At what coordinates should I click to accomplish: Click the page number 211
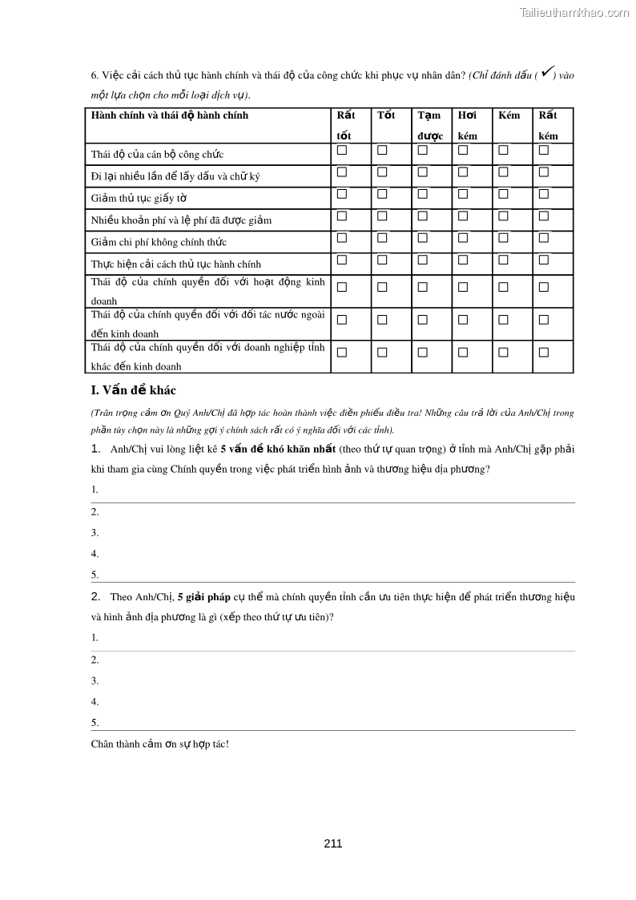(x=333, y=843)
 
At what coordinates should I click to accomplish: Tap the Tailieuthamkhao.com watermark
(x=574, y=12)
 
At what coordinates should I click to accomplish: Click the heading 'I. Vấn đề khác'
(x=134, y=390)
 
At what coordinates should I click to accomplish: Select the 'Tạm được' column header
(x=430, y=125)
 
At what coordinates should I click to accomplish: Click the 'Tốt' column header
(x=386, y=115)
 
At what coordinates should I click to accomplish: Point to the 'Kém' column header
(x=509, y=115)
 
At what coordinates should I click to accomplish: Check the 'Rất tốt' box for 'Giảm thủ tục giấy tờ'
(x=342, y=193)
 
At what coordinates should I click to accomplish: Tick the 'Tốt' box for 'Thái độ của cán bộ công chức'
(x=382, y=150)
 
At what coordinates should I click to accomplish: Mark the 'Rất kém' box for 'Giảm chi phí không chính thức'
(x=544, y=237)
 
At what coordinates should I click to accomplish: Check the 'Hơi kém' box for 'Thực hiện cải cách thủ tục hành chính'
(x=463, y=259)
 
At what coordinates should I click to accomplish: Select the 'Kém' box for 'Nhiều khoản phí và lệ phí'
(x=503, y=216)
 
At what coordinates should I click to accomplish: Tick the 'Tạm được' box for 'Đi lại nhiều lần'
(x=422, y=172)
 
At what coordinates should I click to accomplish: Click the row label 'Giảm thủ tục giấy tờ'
(x=139, y=199)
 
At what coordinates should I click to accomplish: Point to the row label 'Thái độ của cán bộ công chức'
(x=157, y=155)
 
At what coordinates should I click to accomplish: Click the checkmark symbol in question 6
(x=546, y=73)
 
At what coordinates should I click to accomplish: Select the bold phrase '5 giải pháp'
(x=203, y=597)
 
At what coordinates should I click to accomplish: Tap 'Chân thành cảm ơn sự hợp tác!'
(x=160, y=744)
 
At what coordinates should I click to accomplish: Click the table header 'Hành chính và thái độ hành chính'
(x=170, y=115)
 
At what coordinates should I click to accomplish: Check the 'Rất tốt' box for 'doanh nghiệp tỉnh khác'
(x=342, y=352)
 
